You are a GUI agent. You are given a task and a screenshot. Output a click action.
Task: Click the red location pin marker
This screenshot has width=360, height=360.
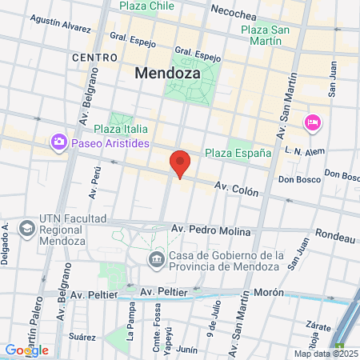[x=181, y=164]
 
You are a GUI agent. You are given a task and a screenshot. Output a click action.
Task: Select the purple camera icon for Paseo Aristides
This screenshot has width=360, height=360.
[x=58, y=142]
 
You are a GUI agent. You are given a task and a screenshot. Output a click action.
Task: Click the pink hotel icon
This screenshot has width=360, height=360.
[x=312, y=122]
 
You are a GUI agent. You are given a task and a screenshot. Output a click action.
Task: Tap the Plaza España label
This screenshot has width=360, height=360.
[x=238, y=153]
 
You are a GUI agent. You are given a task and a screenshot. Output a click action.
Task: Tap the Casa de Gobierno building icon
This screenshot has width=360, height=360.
[x=157, y=258]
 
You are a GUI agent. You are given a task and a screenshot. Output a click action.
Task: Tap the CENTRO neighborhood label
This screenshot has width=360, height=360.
[x=94, y=58]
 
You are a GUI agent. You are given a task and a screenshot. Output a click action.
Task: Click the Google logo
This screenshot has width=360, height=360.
[x=26, y=350]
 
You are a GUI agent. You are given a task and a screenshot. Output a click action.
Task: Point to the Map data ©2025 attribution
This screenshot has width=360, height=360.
[x=326, y=354]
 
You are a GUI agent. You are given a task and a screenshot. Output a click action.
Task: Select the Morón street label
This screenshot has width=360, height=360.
[x=269, y=292]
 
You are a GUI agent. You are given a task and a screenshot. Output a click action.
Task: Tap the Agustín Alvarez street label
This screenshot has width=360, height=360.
[x=60, y=26]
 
